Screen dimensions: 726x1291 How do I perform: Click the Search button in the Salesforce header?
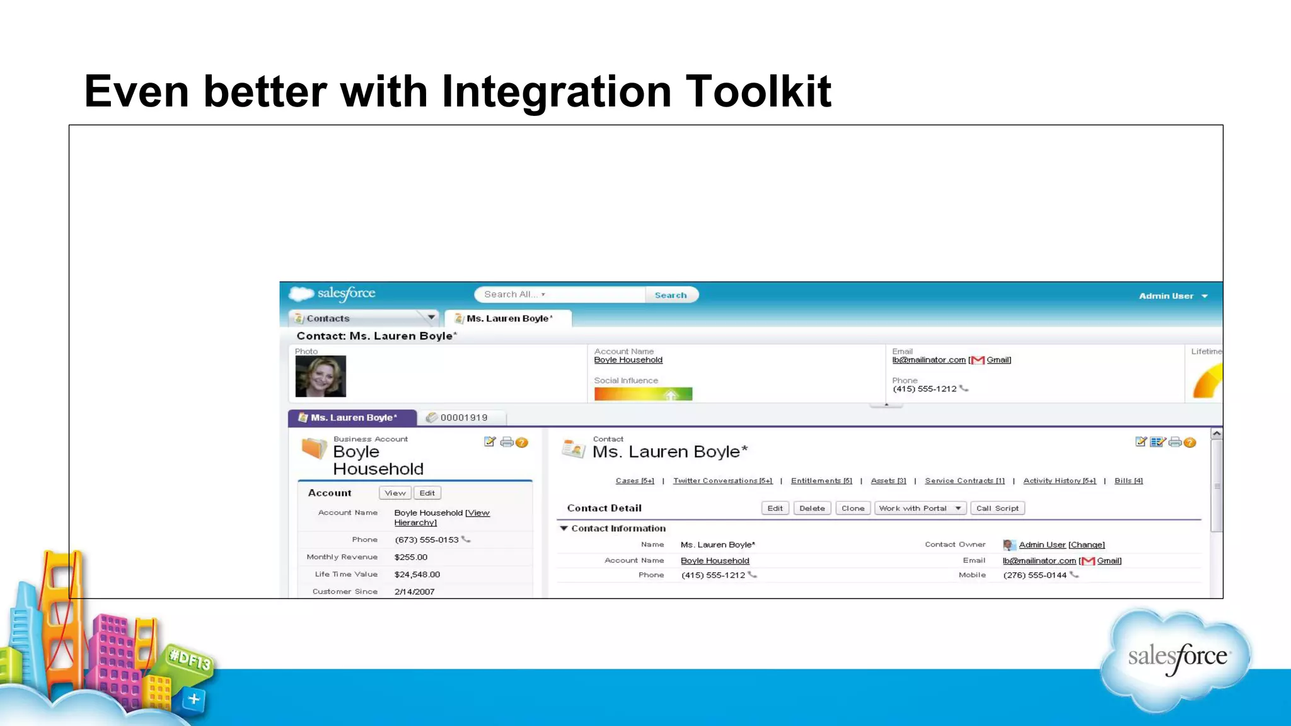coord(671,295)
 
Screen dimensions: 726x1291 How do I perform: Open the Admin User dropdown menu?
coord(1172,296)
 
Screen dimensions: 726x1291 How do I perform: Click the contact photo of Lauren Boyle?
coord(320,376)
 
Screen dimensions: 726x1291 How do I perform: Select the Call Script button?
coord(997,508)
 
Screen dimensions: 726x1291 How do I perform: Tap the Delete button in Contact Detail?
coord(812,508)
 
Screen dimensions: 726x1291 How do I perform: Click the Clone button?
coord(853,508)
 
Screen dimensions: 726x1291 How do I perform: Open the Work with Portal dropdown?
coord(920,508)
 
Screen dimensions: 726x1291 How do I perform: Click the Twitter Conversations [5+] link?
coord(722,481)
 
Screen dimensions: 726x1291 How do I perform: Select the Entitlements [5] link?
coord(821,481)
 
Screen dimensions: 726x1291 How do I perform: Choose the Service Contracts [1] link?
coord(964,481)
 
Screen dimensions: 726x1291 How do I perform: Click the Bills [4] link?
coord(1128,481)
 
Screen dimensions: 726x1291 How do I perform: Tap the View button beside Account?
coord(395,493)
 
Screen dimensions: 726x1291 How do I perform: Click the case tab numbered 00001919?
coord(463,417)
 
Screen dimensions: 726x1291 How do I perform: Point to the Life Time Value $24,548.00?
coord(417,574)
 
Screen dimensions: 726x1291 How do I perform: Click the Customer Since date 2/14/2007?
coord(414,591)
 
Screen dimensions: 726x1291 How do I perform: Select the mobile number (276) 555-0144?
coord(1034,575)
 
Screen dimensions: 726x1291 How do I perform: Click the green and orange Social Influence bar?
coord(643,394)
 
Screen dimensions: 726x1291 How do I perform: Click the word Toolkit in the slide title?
coord(758,92)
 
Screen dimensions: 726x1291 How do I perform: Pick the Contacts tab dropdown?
coord(431,318)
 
